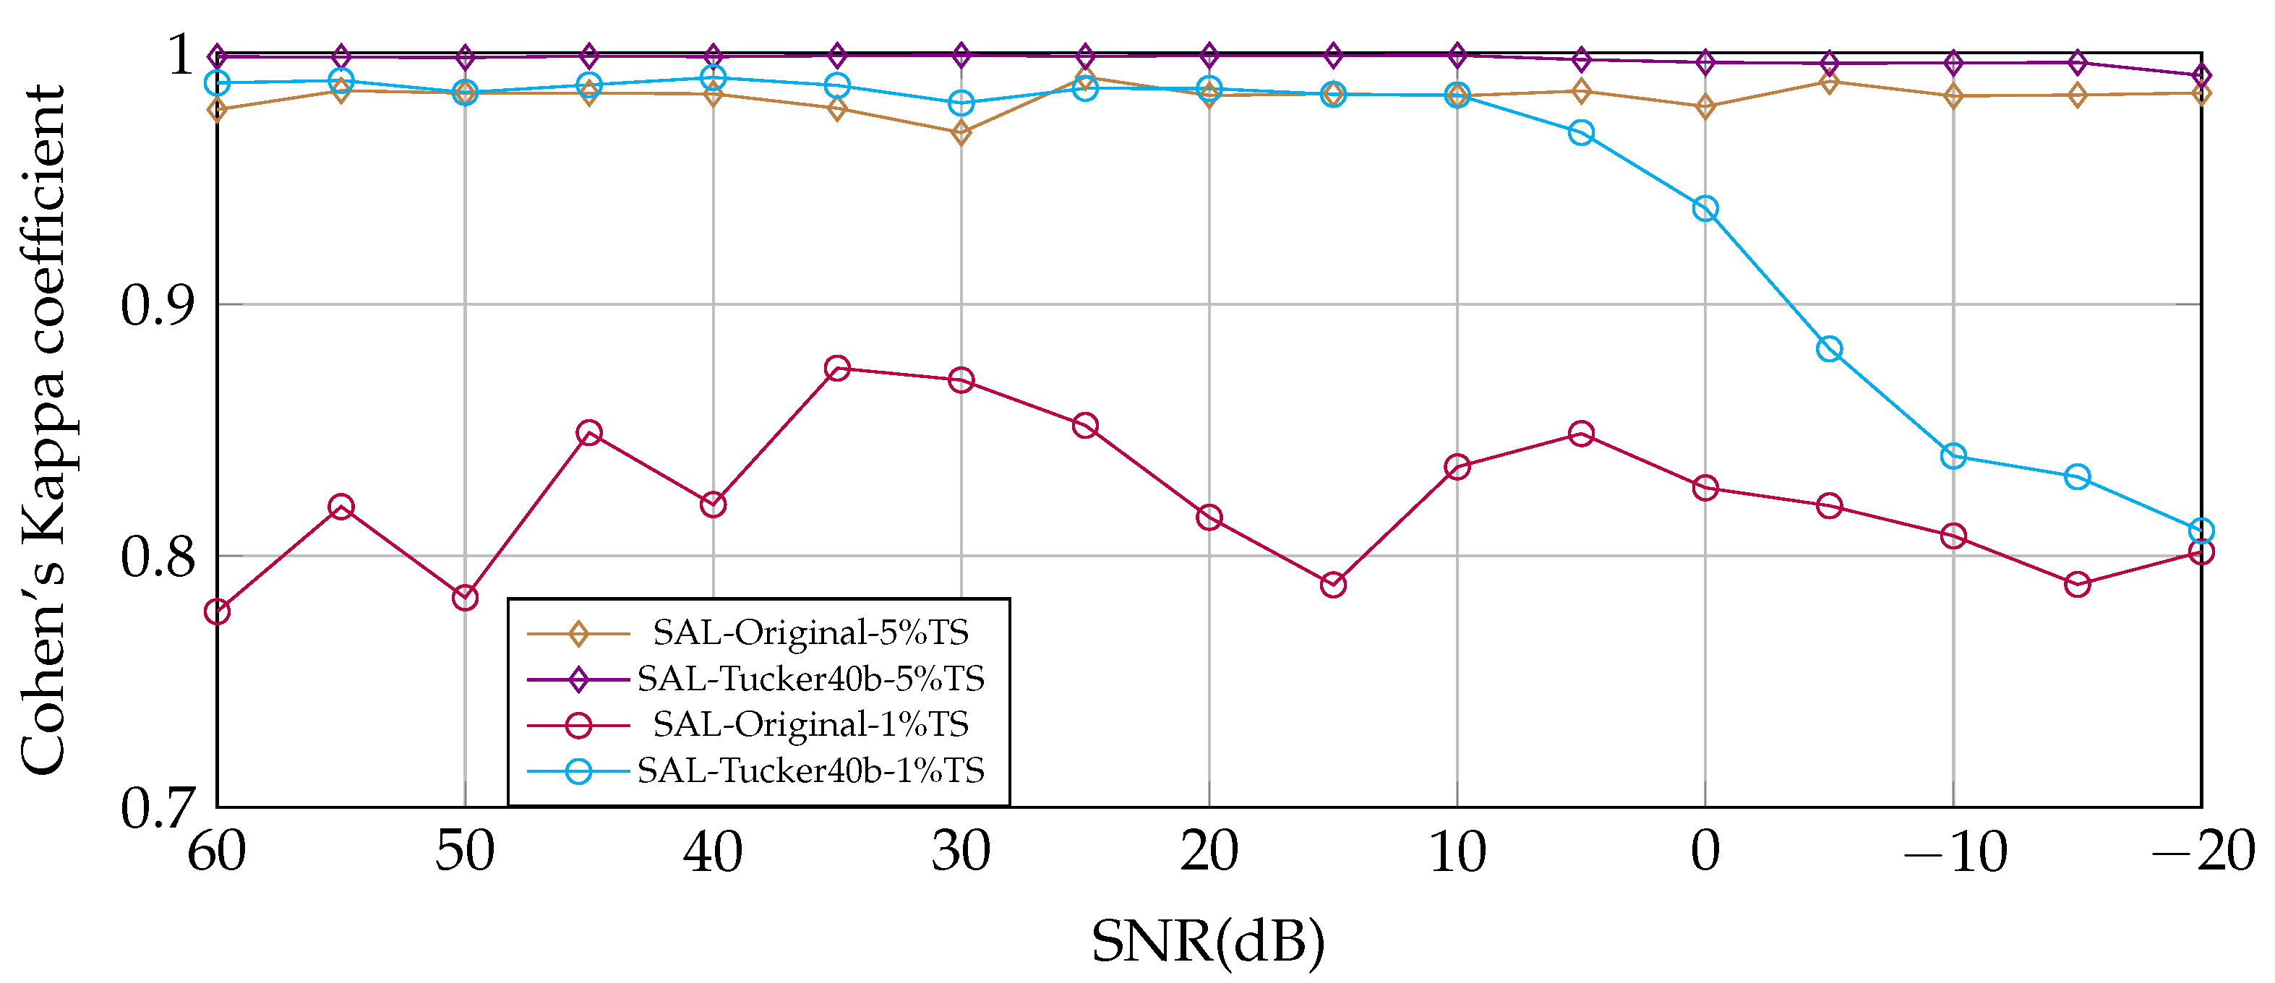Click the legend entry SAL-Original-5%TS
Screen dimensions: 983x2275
click(810, 632)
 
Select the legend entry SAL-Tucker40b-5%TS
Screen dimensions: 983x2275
click(810, 678)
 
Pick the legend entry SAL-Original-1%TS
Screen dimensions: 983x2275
click(810, 724)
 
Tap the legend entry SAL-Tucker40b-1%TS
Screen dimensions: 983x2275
click(810, 770)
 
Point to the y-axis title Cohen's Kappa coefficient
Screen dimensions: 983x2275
click(43, 430)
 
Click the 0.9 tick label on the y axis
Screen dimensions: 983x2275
click(157, 306)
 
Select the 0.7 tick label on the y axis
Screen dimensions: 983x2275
click(157, 807)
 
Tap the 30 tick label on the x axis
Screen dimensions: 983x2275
click(961, 852)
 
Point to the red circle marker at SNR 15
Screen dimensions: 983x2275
click(1334, 585)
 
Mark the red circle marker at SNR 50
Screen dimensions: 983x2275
click(466, 598)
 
